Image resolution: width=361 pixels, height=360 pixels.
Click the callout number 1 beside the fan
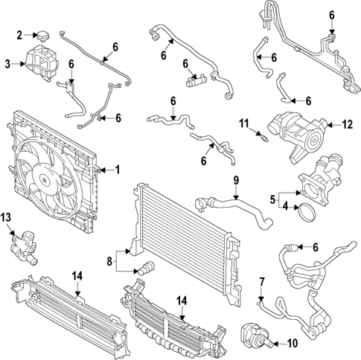[x=116, y=170]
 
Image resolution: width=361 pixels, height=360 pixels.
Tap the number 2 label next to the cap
[x=20, y=34]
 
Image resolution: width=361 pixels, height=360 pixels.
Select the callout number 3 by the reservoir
[x=8, y=65]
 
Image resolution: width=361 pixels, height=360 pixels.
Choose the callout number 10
[x=292, y=343]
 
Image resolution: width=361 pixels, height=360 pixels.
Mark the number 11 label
[x=243, y=122]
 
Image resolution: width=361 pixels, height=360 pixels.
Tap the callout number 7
[x=262, y=282]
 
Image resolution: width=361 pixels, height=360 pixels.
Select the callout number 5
[x=273, y=199]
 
